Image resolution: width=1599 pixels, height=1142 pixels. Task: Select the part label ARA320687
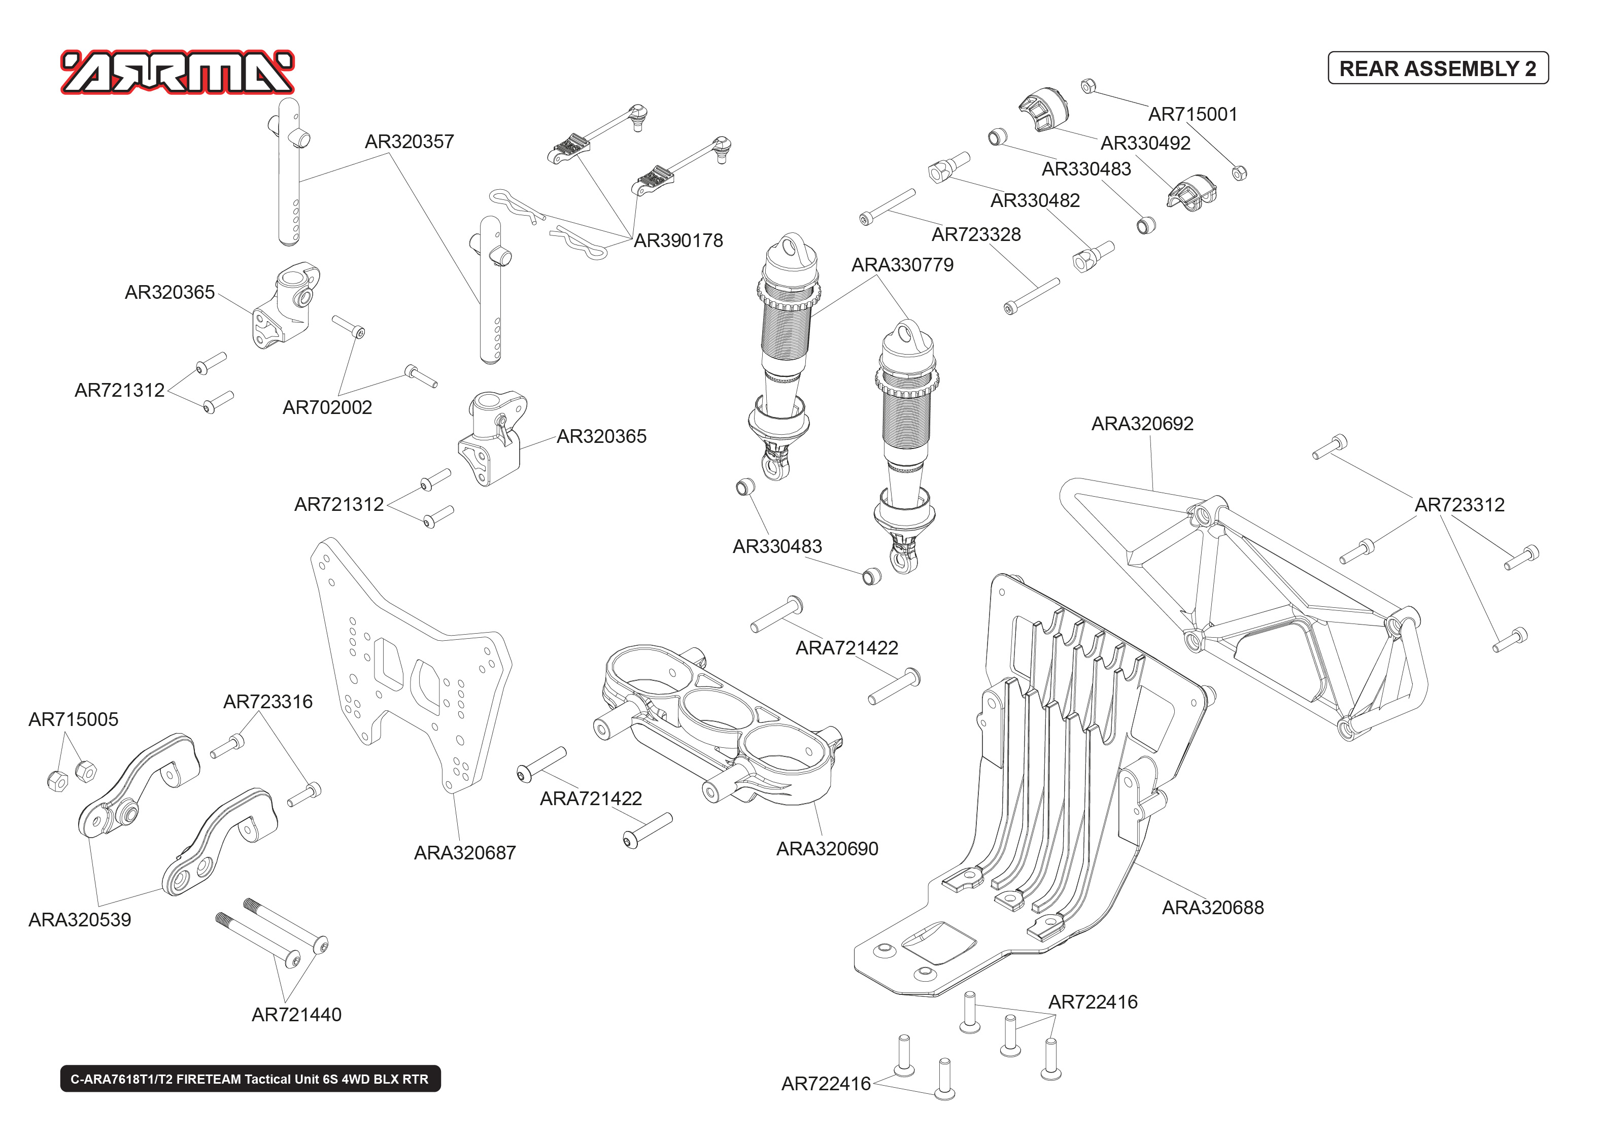point(465,853)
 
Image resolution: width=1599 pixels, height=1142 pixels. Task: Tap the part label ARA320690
point(827,849)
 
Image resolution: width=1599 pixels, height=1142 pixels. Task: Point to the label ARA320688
point(1212,908)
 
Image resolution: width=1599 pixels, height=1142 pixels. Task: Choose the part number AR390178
point(678,241)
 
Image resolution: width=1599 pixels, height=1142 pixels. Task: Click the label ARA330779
point(902,265)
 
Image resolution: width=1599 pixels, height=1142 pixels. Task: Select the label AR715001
point(1193,115)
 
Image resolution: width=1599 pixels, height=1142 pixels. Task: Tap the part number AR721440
point(296,1015)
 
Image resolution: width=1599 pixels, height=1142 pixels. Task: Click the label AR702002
point(327,408)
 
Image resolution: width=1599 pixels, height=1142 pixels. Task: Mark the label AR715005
point(73,719)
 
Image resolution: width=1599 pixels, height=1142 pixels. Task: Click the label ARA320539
point(80,920)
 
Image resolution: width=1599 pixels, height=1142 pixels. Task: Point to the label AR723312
point(1459,505)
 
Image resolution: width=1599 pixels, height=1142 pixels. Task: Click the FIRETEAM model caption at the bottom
point(250,1079)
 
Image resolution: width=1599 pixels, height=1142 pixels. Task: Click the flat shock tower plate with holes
point(415,668)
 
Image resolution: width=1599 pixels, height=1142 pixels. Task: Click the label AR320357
point(409,142)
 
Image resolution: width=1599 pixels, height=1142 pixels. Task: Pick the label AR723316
point(267,702)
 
